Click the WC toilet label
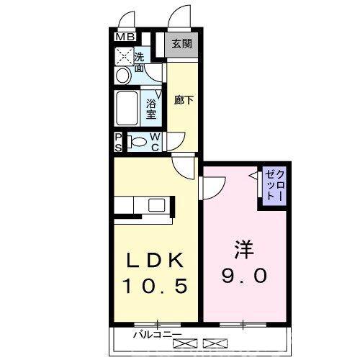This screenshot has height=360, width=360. click(x=155, y=142)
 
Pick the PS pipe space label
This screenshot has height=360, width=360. click(x=119, y=142)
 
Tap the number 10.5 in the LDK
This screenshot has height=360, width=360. click(x=155, y=286)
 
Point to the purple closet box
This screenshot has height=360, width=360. click(x=274, y=185)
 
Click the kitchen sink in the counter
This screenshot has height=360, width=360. click(x=158, y=205)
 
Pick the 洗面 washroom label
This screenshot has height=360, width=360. click(x=140, y=62)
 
